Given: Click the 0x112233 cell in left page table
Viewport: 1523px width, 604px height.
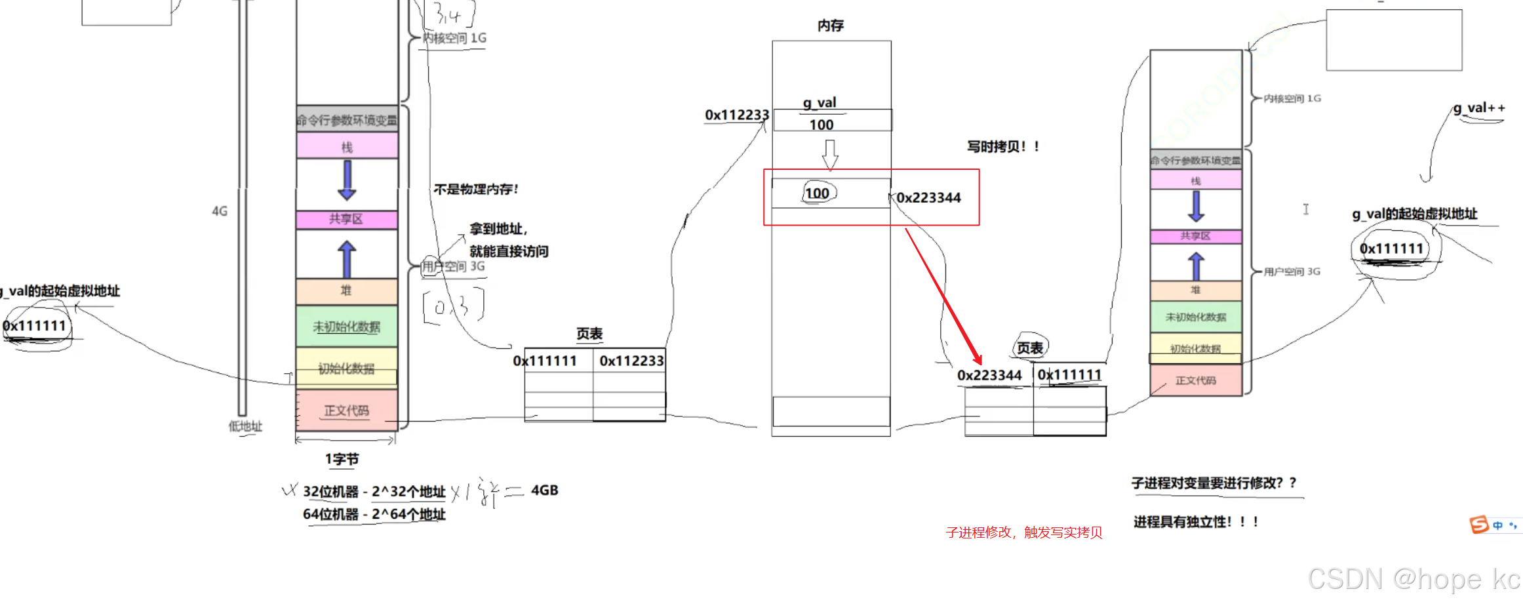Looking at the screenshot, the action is tap(631, 361).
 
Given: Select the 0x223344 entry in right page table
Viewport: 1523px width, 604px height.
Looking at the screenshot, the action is tap(989, 375).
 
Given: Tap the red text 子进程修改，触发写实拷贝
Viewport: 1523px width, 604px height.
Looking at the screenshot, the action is tap(1023, 533).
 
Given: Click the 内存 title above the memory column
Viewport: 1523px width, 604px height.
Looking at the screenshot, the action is tap(831, 26).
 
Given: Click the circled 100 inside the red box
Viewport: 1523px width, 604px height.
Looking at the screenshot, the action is tap(818, 193).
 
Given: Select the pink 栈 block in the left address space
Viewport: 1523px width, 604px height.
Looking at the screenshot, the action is tap(347, 146).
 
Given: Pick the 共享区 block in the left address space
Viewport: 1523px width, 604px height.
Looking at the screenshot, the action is tap(347, 219).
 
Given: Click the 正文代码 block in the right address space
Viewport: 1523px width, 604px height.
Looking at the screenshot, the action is tap(1195, 380).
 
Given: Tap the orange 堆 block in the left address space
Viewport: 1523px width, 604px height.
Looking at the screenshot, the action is tap(347, 291).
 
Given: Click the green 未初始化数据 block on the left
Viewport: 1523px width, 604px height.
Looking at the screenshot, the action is tap(347, 327).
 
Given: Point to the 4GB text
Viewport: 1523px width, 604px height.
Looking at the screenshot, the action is tap(544, 491).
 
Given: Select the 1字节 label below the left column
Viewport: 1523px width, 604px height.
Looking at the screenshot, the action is tap(342, 459).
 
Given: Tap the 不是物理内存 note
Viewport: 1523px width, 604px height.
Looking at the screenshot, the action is tap(476, 190).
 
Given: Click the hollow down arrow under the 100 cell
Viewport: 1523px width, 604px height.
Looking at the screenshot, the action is tap(830, 154).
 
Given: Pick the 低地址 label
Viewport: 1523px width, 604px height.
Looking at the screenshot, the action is tap(245, 426).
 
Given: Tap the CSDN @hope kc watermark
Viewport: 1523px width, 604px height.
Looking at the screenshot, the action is tap(1414, 579).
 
